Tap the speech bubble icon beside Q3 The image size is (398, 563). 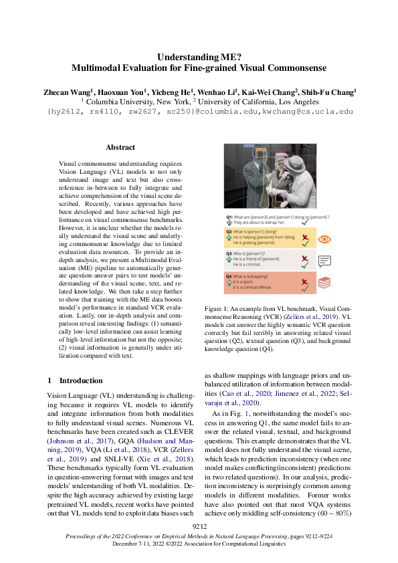coord(324,261)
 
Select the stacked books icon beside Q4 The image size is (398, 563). coord(324,285)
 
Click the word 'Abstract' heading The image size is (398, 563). coord(120,147)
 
